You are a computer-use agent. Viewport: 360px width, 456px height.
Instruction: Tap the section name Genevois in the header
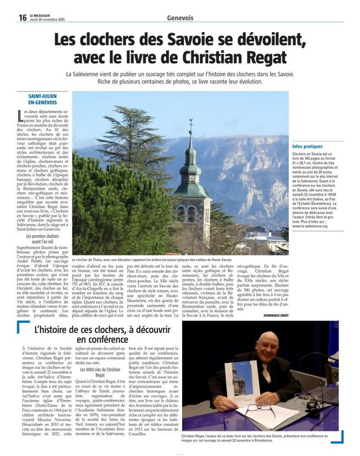pos(180,18)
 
